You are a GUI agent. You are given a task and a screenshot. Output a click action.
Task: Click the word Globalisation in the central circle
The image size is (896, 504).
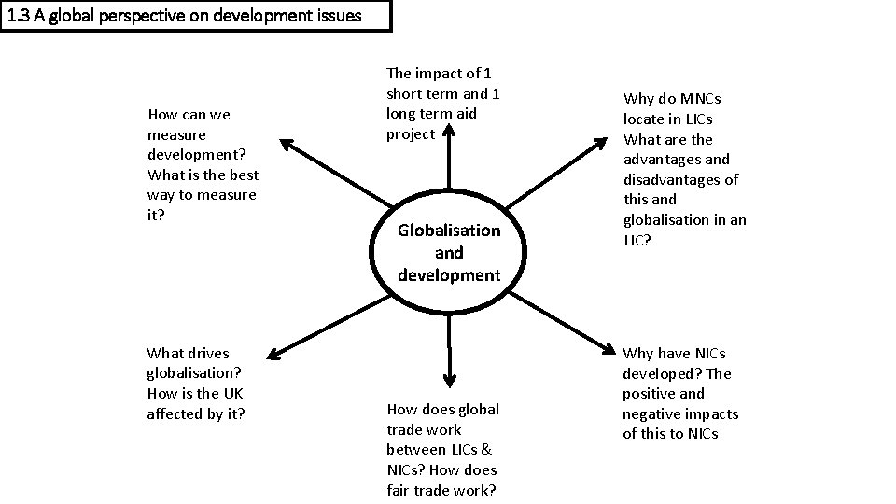449,231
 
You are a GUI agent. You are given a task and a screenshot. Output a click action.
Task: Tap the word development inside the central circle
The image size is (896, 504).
449,275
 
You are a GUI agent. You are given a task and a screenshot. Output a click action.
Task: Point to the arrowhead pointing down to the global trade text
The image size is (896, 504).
449,379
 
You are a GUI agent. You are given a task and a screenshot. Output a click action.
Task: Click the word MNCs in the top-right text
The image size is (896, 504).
699,99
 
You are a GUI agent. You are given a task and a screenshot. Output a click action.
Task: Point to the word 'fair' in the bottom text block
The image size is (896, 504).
401,491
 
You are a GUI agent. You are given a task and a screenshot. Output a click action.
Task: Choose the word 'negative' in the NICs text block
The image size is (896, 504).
656,414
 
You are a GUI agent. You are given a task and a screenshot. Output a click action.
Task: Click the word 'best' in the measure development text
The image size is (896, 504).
241,175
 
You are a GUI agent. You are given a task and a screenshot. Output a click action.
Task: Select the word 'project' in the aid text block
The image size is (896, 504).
411,134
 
